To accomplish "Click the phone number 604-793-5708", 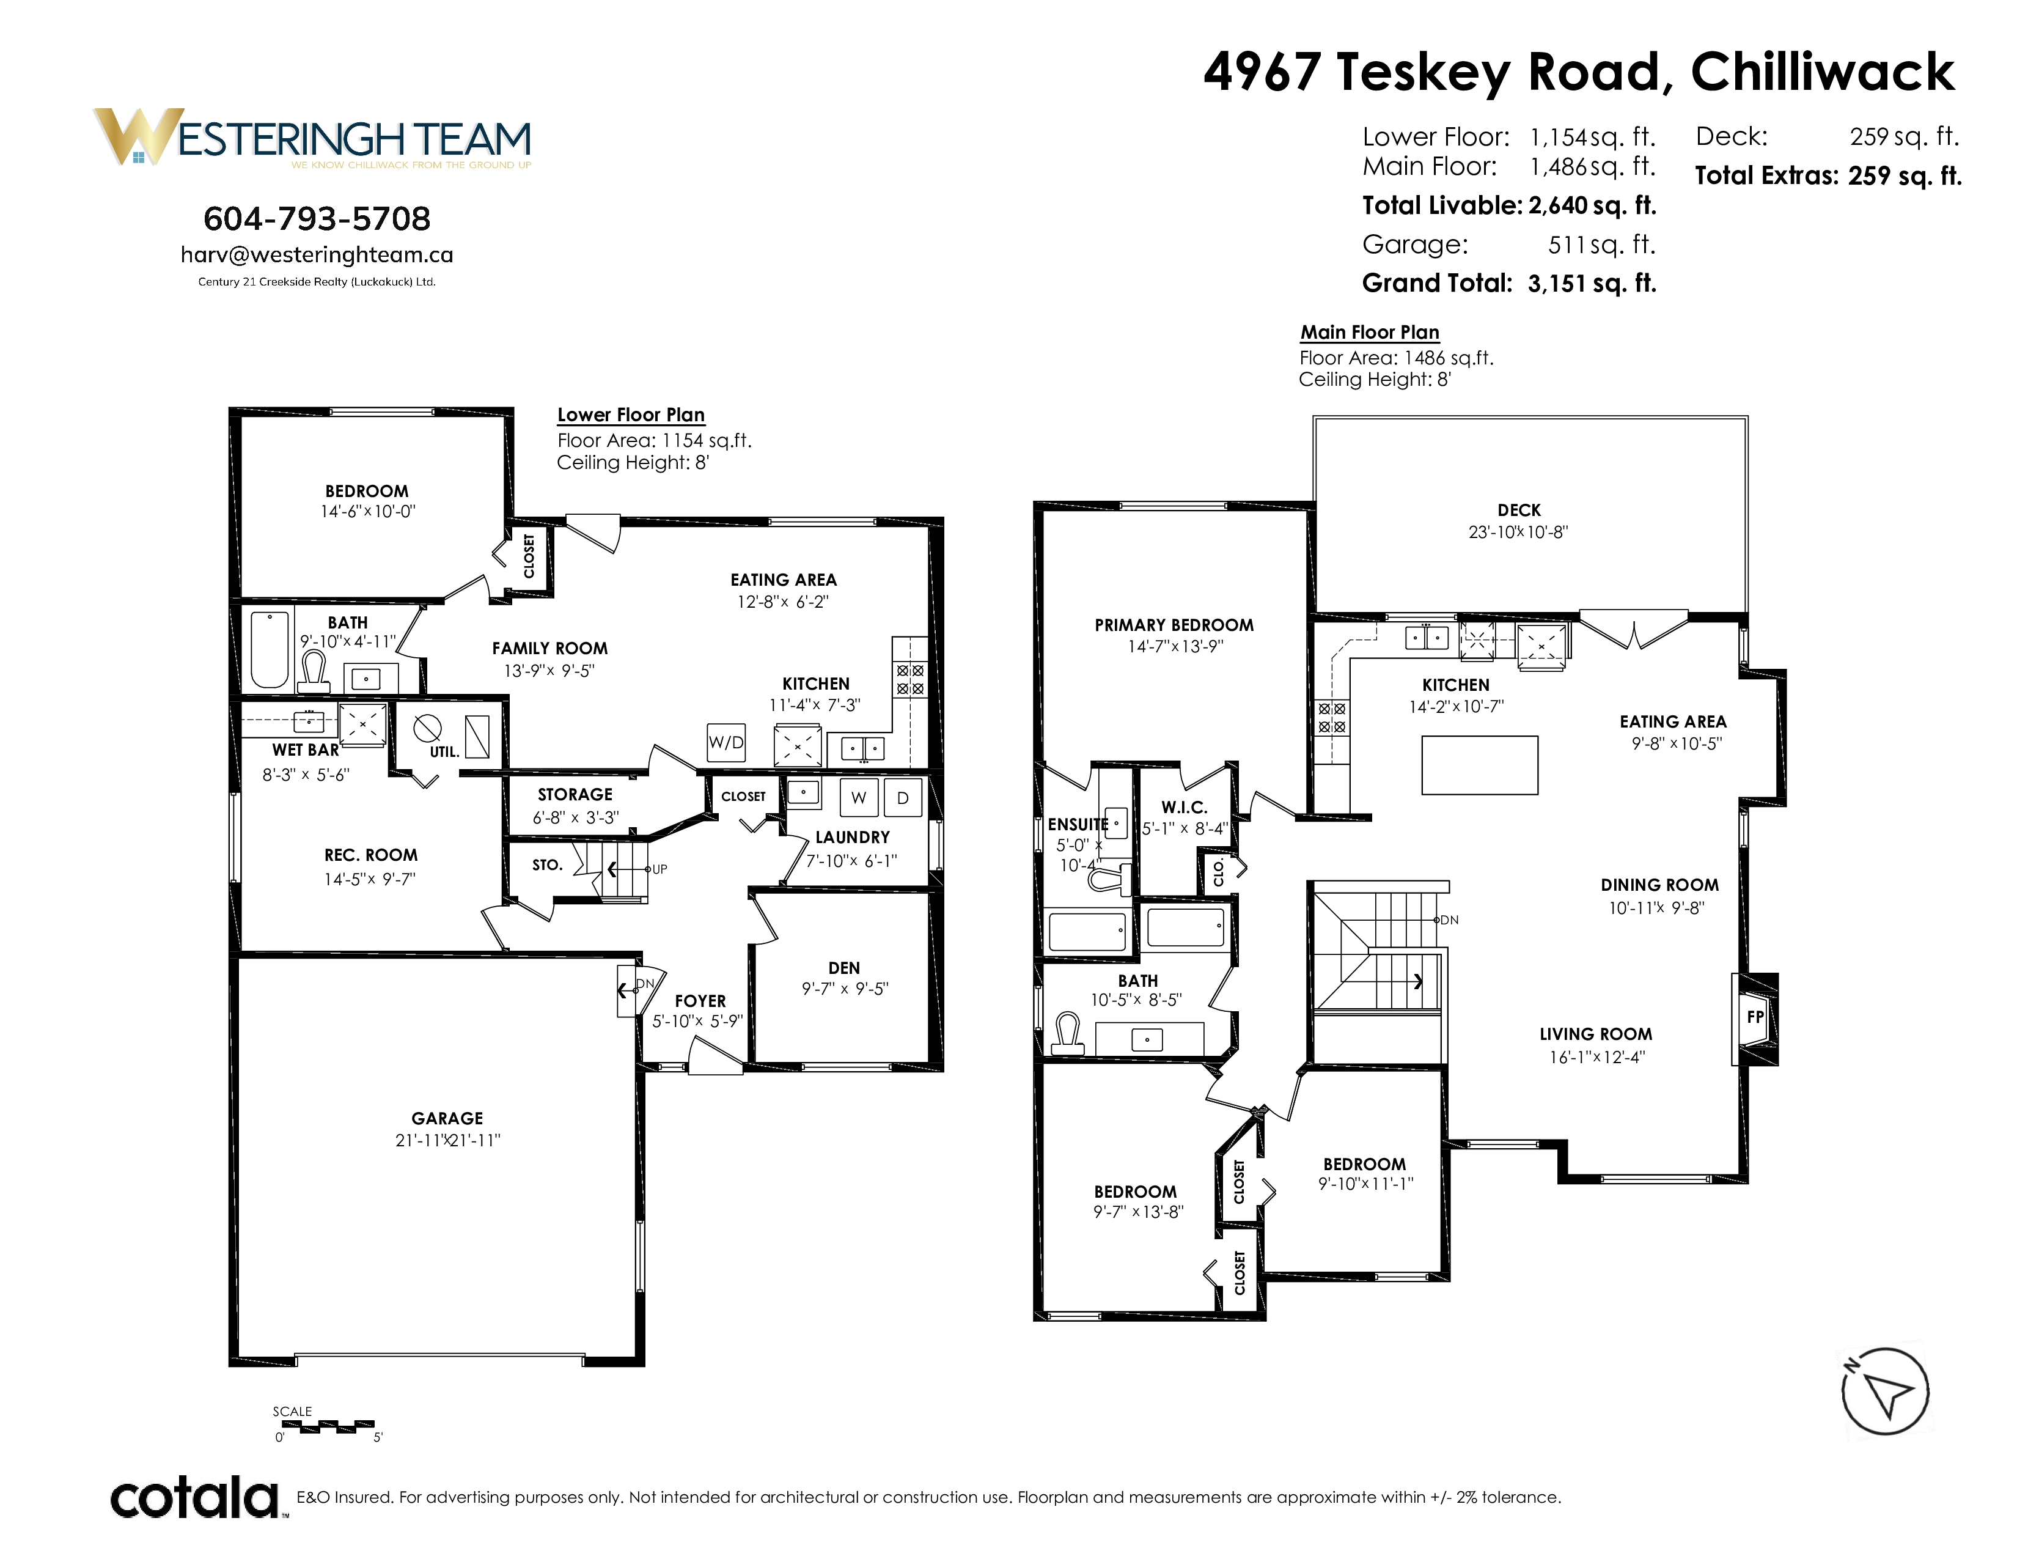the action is coord(317,219).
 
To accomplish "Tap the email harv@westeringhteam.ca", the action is coord(317,255).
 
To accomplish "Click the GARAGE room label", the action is coord(447,1118).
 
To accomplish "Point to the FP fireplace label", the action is coord(1755,1017).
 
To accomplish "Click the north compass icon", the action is coord(1886,1391).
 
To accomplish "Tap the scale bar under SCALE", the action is coord(328,1426).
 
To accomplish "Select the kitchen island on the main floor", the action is coord(1480,765).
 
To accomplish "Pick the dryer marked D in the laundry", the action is coord(902,798).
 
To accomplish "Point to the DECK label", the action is coord(1519,510).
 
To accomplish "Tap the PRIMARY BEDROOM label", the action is coord(1174,625).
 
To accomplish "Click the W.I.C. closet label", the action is coord(1184,807).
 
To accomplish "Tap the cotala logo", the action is coord(194,1497).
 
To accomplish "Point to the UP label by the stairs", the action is coord(659,869).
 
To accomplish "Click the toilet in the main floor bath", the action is coord(1068,1034).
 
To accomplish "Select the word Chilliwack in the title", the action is coord(1822,72).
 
